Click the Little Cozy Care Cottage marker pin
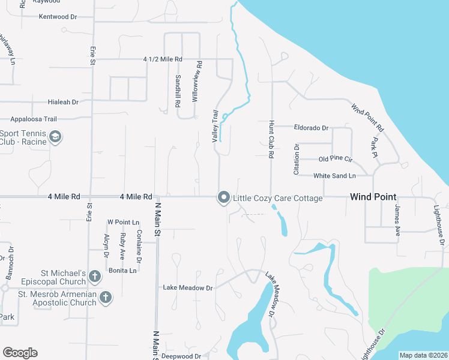tap(224, 197)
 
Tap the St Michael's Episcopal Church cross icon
tap(94, 277)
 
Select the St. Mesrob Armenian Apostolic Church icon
tap(106, 297)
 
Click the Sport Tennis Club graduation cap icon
tap(55, 137)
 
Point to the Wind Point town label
tap(373, 197)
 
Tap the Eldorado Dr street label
tap(311, 128)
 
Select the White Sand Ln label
tap(334, 176)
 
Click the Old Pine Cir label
tap(336, 159)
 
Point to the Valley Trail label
tap(214, 126)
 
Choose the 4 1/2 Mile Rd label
tap(163, 60)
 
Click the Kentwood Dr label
tap(58, 17)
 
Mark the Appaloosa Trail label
tap(34, 119)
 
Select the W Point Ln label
tap(123, 222)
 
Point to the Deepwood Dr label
tap(181, 356)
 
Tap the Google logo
tap(20, 353)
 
